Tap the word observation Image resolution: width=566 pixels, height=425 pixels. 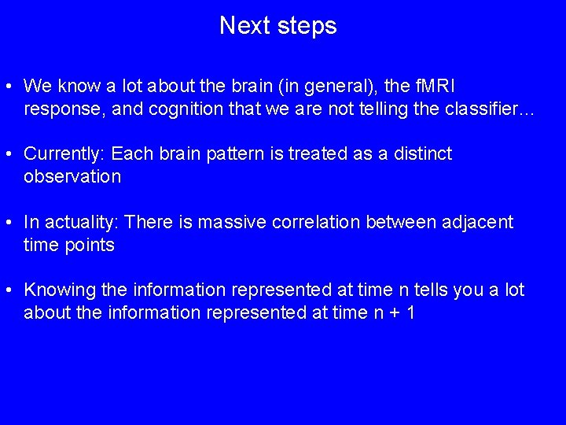tap(72, 176)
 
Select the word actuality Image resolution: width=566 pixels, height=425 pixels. tap(83, 223)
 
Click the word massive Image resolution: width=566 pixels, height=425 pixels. tap(232, 223)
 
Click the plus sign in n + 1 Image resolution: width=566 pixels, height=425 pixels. tap(390, 313)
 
